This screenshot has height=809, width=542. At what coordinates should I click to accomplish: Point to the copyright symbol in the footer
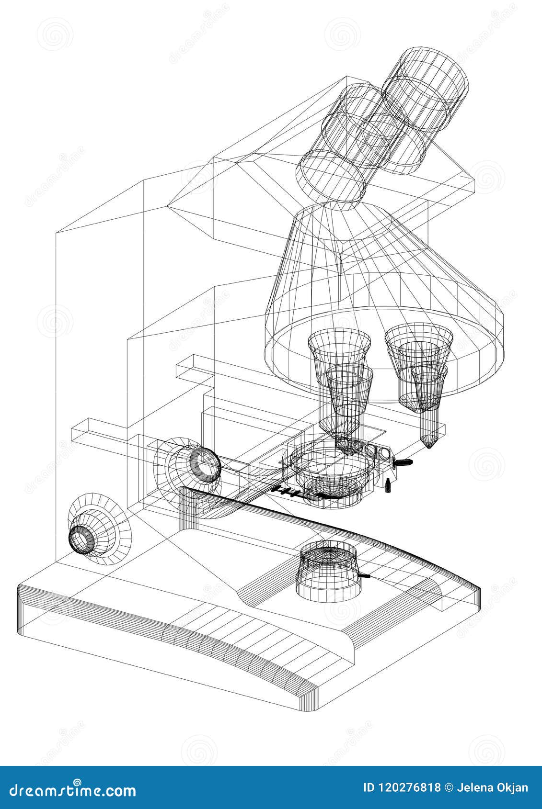click(449, 788)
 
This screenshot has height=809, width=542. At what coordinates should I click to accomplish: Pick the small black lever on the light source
click(365, 576)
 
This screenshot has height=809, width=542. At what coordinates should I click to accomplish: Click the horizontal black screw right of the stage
click(403, 462)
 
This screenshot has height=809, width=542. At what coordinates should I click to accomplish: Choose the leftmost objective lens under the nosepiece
click(339, 364)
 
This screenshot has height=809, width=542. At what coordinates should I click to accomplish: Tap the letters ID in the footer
click(369, 788)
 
